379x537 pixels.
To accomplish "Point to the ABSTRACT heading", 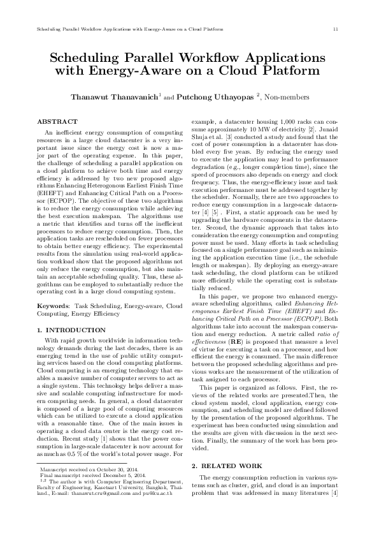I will pos(57,121).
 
